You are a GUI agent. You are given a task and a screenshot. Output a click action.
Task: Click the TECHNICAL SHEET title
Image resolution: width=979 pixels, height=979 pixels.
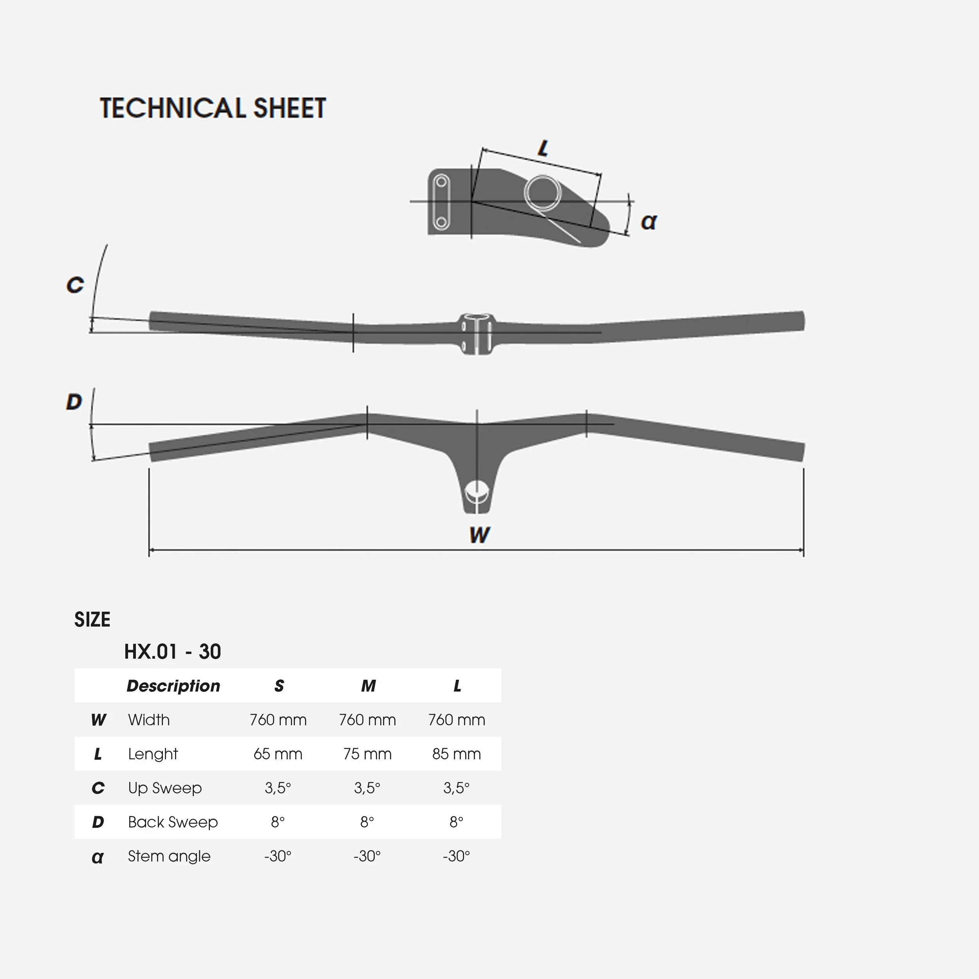[213, 108]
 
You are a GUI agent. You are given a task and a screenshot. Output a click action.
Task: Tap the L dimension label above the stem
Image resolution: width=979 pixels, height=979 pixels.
[543, 148]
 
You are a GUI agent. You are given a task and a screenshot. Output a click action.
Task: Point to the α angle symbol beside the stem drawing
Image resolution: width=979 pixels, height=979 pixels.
[648, 221]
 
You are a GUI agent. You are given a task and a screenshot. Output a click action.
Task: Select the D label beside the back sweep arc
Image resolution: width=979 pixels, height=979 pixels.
[74, 402]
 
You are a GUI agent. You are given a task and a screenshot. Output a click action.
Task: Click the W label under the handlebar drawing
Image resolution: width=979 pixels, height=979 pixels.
[479, 535]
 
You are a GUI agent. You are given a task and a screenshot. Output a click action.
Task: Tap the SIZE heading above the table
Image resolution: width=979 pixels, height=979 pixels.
[92, 619]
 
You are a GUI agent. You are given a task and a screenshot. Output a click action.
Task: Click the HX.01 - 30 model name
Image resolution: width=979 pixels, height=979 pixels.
[172, 652]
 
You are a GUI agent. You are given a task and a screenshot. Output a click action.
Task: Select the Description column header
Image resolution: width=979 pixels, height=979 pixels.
[173, 686]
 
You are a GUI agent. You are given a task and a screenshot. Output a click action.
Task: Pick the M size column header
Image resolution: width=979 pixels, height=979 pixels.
[368, 686]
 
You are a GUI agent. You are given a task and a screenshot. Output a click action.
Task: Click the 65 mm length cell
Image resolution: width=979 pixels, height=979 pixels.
[278, 754]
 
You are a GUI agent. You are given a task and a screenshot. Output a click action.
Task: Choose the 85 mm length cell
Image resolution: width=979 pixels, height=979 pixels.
[456, 754]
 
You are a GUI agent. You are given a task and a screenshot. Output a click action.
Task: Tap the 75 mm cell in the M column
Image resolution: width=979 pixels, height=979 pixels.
[367, 754]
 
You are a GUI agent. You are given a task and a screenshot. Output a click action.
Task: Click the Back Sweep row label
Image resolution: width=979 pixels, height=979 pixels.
[173, 822]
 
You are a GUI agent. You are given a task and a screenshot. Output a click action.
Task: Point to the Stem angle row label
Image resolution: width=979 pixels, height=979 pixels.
[169, 856]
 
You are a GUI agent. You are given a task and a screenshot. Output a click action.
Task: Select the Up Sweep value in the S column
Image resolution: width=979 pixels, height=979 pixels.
[278, 788]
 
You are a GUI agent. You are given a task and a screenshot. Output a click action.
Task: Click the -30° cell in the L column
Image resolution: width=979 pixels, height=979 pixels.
[456, 856]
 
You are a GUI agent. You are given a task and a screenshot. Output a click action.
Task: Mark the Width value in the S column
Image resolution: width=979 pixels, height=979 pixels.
[278, 719]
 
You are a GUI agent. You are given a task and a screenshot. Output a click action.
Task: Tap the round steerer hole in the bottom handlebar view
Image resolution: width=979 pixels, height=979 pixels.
[476, 491]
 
